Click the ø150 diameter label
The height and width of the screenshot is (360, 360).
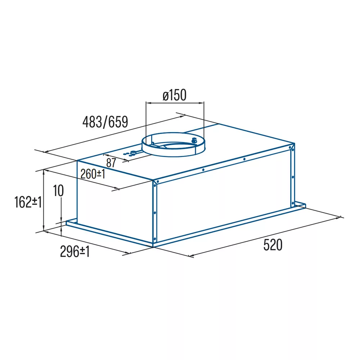click(x=175, y=95)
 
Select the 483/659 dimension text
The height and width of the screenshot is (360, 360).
click(x=105, y=122)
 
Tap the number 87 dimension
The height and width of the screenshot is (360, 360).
click(x=111, y=163)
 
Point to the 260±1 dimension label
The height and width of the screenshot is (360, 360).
click(x=93, y=174)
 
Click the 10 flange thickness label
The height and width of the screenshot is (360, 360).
click(x=58, y=190)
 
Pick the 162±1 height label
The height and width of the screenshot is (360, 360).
click(x=28, y=202)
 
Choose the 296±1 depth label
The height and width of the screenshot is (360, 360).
click(x=75, y=252)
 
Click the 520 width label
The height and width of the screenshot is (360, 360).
click(x=273, y=245)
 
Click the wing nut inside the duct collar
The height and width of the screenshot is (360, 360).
click(x=194, y=140)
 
